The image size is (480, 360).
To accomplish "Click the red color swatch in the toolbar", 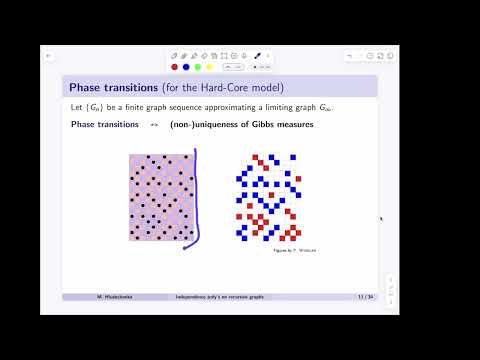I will [x=175, y=67].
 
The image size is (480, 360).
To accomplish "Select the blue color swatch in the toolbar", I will [x=186, y=67].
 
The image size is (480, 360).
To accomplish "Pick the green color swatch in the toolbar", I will [x=198, y=67].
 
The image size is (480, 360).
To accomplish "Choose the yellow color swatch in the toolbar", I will [x=210, y=67].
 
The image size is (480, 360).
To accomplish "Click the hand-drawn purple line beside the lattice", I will [x=196, y=200].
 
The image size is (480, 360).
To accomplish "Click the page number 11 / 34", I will [x=365, y=297].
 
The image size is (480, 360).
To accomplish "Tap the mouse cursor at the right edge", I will [x=381, y=218].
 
